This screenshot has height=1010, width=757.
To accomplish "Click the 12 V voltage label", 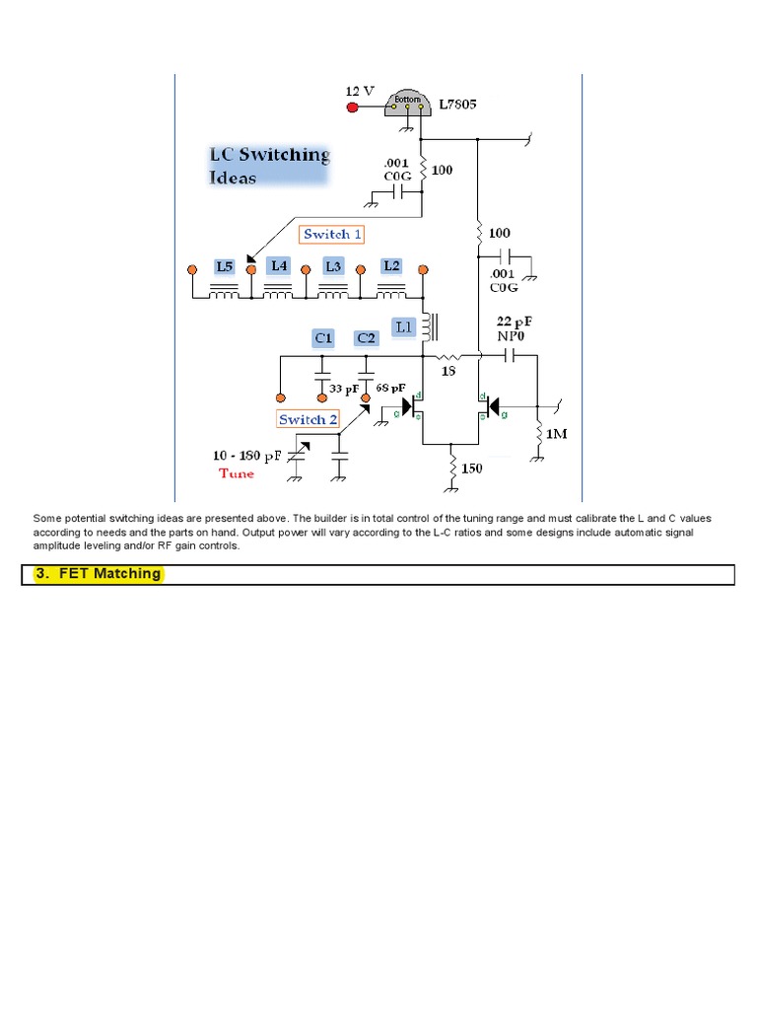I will coord(360,90).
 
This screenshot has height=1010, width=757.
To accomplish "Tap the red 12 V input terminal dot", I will coord(352,107).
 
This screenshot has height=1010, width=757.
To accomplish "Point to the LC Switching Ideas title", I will coord(268,166).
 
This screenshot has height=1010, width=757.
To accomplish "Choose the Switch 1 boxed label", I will coord(332,234).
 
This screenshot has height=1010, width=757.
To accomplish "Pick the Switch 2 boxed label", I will coord(308,419).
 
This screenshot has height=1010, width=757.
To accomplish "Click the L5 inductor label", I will coord(225,266).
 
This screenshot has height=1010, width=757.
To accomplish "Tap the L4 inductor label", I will coord(280,266).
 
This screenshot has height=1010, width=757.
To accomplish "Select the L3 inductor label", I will coord(334,266).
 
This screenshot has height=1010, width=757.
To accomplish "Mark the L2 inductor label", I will coord(391,266).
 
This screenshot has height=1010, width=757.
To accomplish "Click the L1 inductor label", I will coord(404,325).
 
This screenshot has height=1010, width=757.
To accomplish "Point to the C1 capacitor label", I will coord(323,338).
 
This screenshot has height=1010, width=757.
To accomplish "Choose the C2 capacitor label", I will coord(367,338).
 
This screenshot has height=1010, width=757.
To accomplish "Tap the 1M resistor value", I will coord(557,433).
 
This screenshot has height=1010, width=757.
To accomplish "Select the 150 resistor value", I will coord(472,469).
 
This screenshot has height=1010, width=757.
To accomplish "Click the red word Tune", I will coord(237,473).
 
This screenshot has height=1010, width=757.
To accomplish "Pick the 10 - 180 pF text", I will coord(246,456).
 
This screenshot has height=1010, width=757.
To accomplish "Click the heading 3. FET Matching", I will coord(98,574).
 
